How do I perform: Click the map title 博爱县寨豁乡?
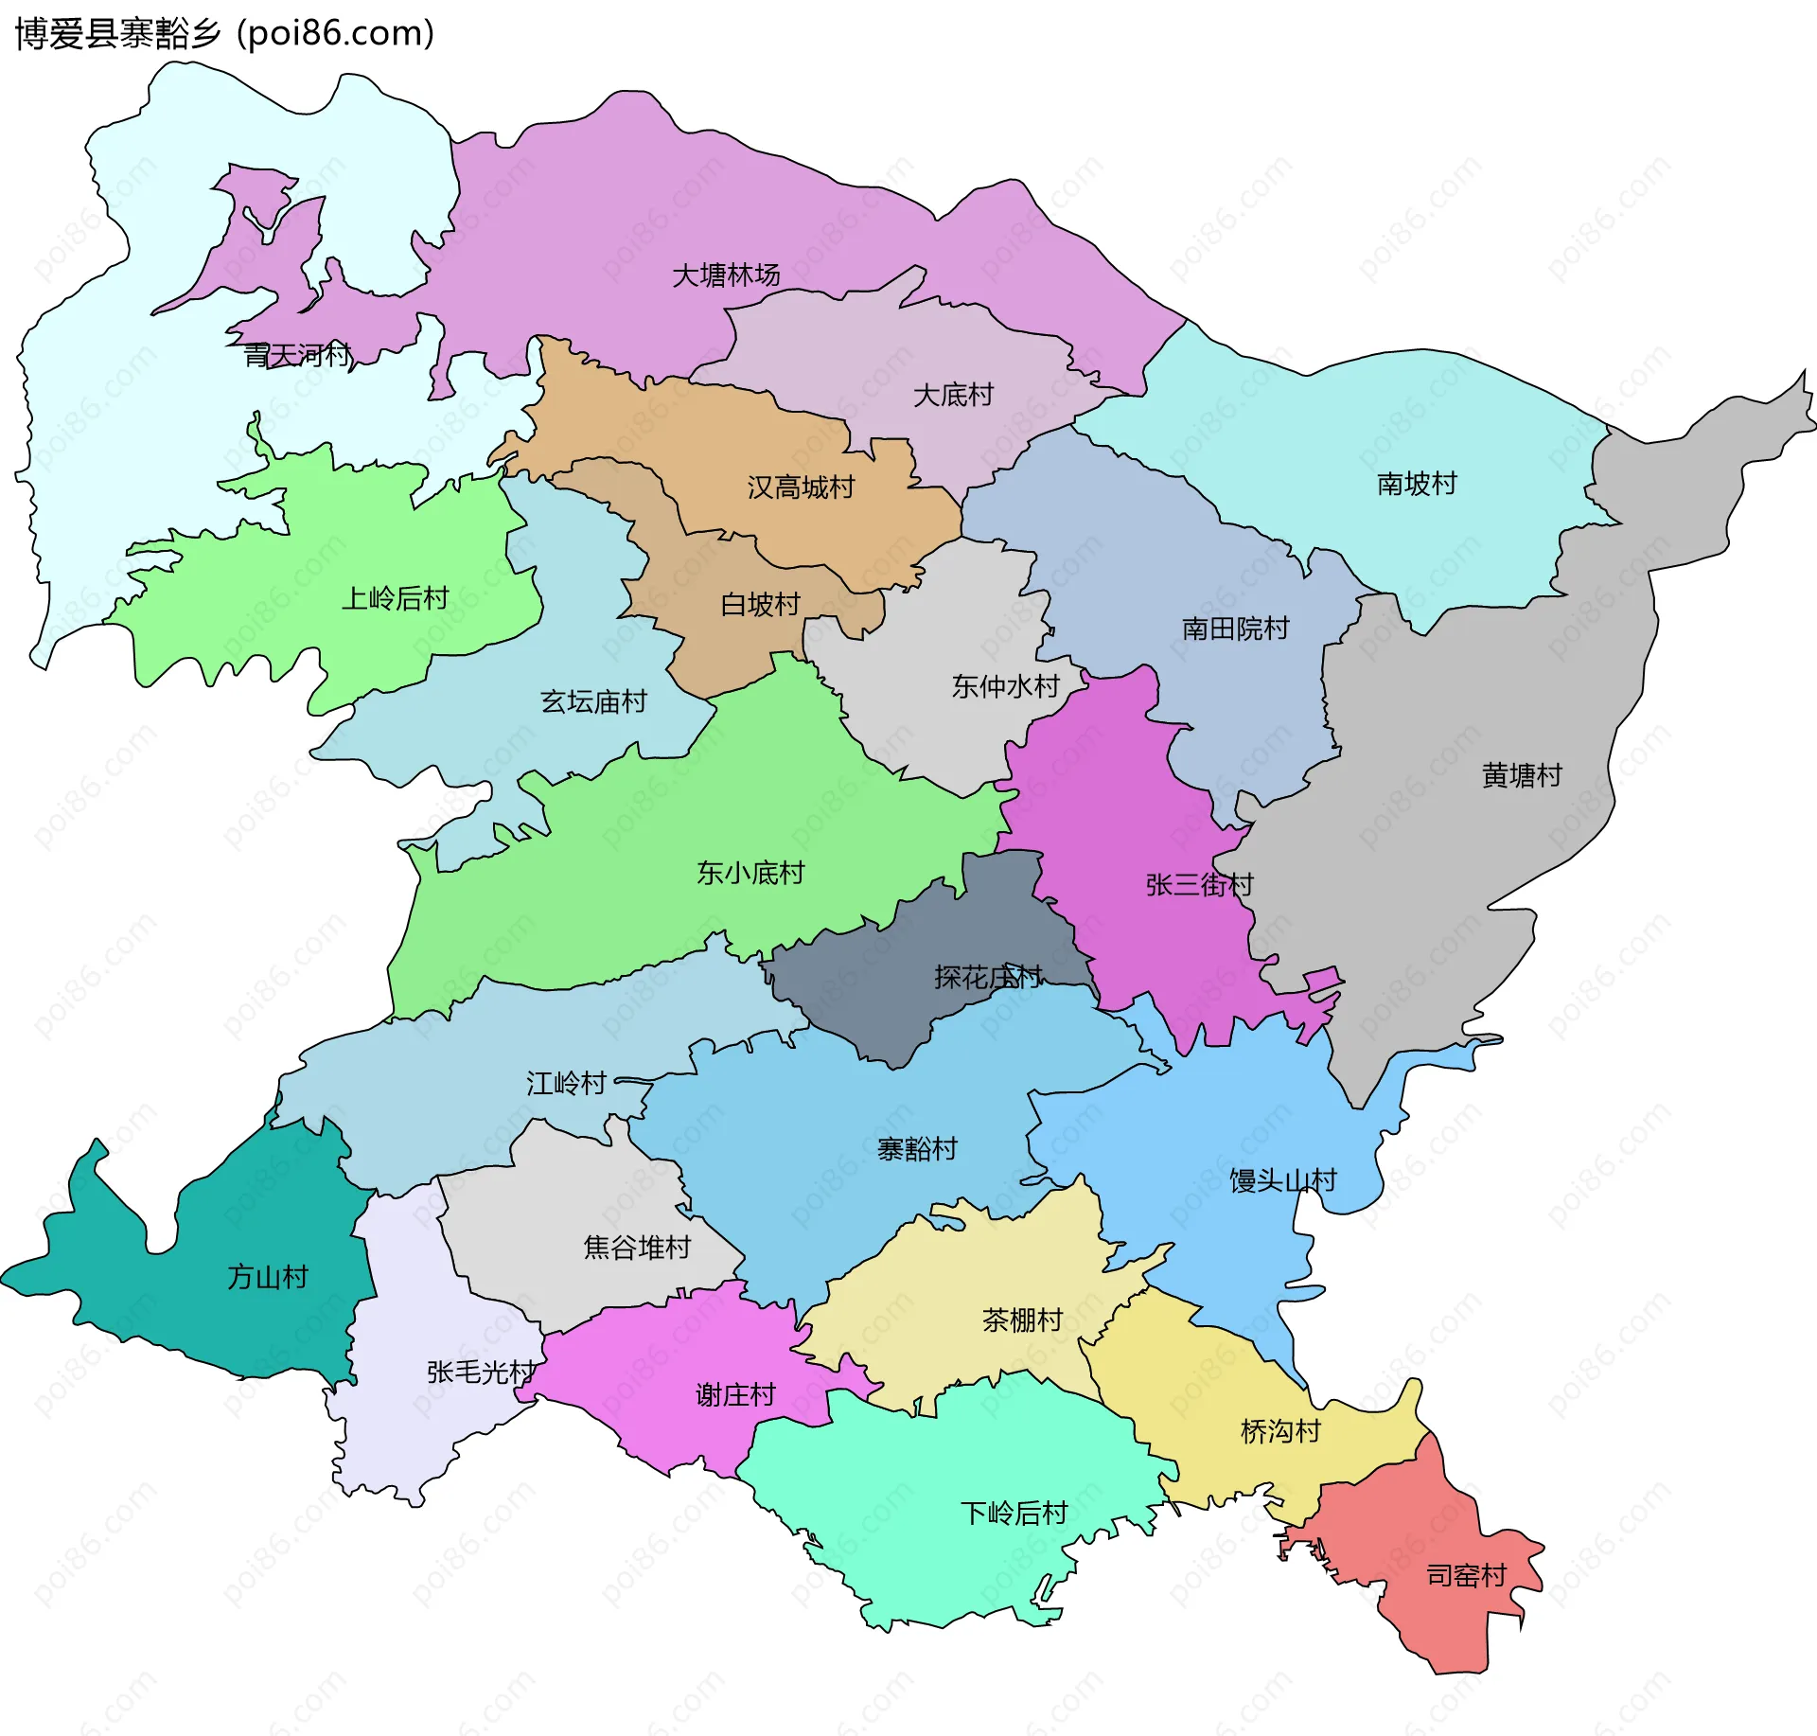(x=118, y=33)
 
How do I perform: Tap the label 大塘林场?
(x=726, y=275)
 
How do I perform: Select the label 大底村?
(x=953, y=395)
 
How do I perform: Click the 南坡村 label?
(x=1417, y=484)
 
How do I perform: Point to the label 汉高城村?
(x=801, y=487)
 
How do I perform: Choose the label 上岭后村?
(x=395, y=598)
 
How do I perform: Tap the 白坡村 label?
(x=760, y=604)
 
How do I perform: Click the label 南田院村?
(x=1235, y=629)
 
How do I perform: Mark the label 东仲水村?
(x=1005, y=686)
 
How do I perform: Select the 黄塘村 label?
(x=1522, y=775)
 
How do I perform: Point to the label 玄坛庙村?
(x=593, y=701)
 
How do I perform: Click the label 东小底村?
(x=750, y=872)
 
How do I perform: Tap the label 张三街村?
(x=1199, y=885)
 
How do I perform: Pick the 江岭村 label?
(x=566, y=1083)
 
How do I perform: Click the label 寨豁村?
(x=917, y=1149)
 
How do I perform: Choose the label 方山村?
(x=268, y=1277)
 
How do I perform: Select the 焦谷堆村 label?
(x=637, y=1248)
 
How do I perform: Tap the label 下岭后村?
(x=1014, y=1513)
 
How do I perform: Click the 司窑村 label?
(x=1466, y=1575)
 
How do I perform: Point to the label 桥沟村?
(x=1280, y=1431)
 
